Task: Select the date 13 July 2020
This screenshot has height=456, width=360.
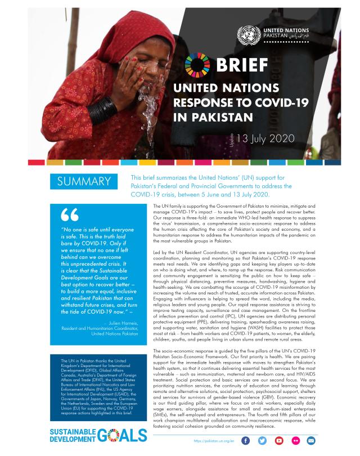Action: [263, 138]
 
